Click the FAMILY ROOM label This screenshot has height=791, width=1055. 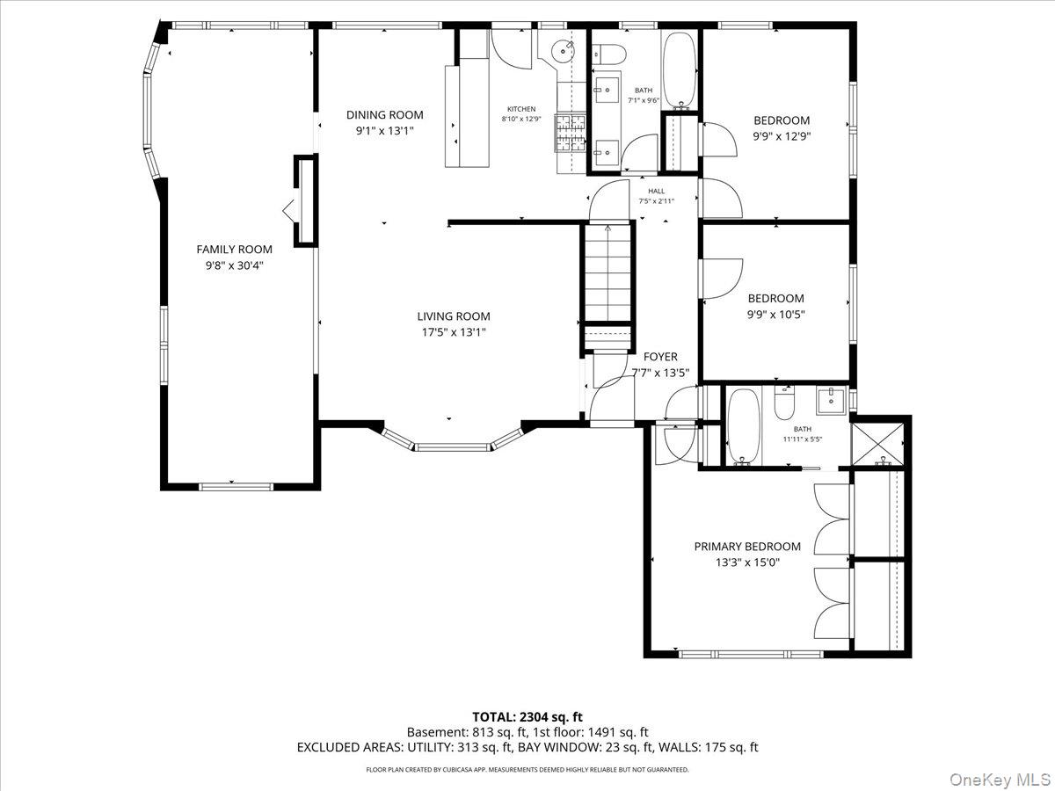point(234,250)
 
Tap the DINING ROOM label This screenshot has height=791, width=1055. point(384,115)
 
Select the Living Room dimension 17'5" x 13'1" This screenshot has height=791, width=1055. point(453,332)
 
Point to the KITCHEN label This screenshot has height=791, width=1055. point(520,109)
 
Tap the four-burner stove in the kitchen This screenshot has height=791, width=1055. point(570,133)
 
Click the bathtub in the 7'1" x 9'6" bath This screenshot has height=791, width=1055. point(678,69)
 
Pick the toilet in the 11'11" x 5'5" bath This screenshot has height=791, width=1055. point(784,405)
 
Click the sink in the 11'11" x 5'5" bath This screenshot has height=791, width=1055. point(830,402)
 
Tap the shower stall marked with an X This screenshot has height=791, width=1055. point(880,442)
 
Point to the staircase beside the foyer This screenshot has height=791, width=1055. point(606,273)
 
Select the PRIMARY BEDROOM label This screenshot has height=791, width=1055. point(747,547)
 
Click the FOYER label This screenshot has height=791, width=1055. point(660,357)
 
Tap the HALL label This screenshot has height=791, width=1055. point(657,191)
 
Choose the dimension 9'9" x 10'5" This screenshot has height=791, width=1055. point(775,314)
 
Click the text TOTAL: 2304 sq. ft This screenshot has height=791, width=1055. point(527,717)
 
